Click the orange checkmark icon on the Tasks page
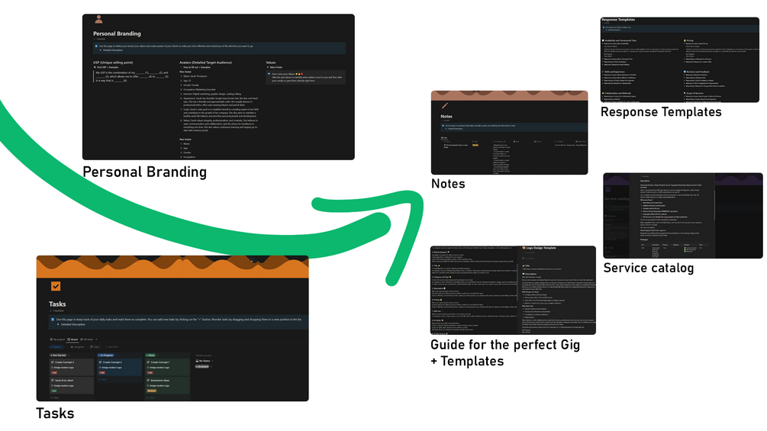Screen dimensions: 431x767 (x=56, y=286)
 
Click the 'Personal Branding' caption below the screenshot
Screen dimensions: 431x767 (x=144, y=172)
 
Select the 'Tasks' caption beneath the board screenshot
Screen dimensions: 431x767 (x=56, y=413)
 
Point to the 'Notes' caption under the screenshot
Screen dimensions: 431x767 (x=448, y=184)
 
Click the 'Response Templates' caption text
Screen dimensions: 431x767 (x=661, y=112)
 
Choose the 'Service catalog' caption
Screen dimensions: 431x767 (x=649, y=268)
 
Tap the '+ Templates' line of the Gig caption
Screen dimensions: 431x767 (x=467, y=360)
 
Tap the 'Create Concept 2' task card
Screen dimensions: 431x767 (x=118, y=362)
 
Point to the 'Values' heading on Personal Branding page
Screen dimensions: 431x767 (x=271, y=63)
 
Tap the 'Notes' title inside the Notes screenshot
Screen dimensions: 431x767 (x=447, y=117)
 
